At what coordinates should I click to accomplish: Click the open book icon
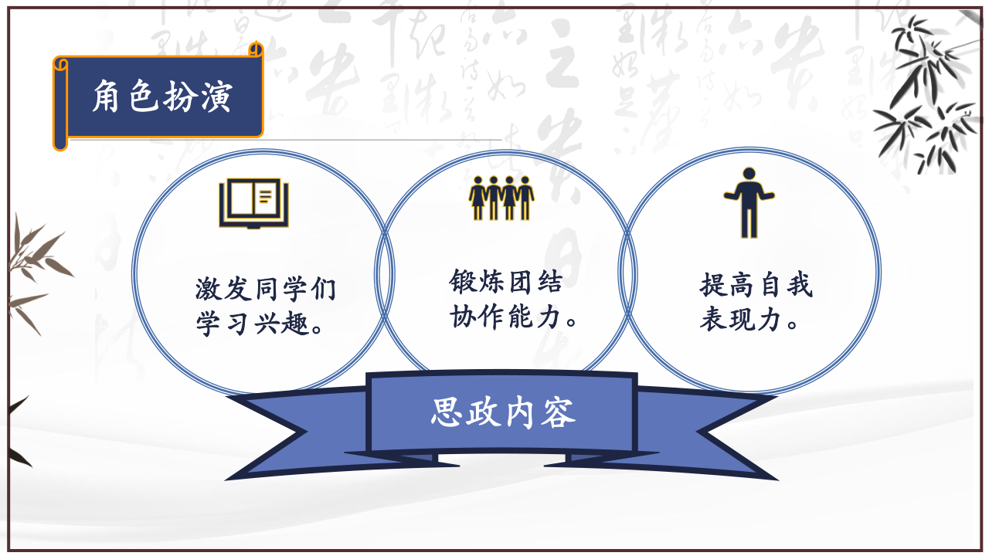pos(254,204)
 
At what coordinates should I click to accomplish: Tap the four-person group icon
pos(501,198)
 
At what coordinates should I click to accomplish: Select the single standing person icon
pos(749,202)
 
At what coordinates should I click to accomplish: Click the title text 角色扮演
pos(162,97)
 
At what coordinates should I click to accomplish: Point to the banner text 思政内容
pos(503,412)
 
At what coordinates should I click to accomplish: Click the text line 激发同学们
pos(266,290)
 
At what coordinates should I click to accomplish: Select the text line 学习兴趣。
pos(260,324)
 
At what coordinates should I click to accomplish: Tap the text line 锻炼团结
pos(506,282)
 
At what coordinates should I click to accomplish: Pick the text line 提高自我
pos(756,285)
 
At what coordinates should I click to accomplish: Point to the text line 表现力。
pos(749,319)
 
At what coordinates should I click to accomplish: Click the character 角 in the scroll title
pos(106,97)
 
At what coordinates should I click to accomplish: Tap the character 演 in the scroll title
pos(217,97)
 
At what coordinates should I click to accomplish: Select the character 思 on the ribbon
pos(447,412)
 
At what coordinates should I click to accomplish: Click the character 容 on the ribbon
pos(559,413)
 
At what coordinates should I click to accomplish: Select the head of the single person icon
pos(749,174)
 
